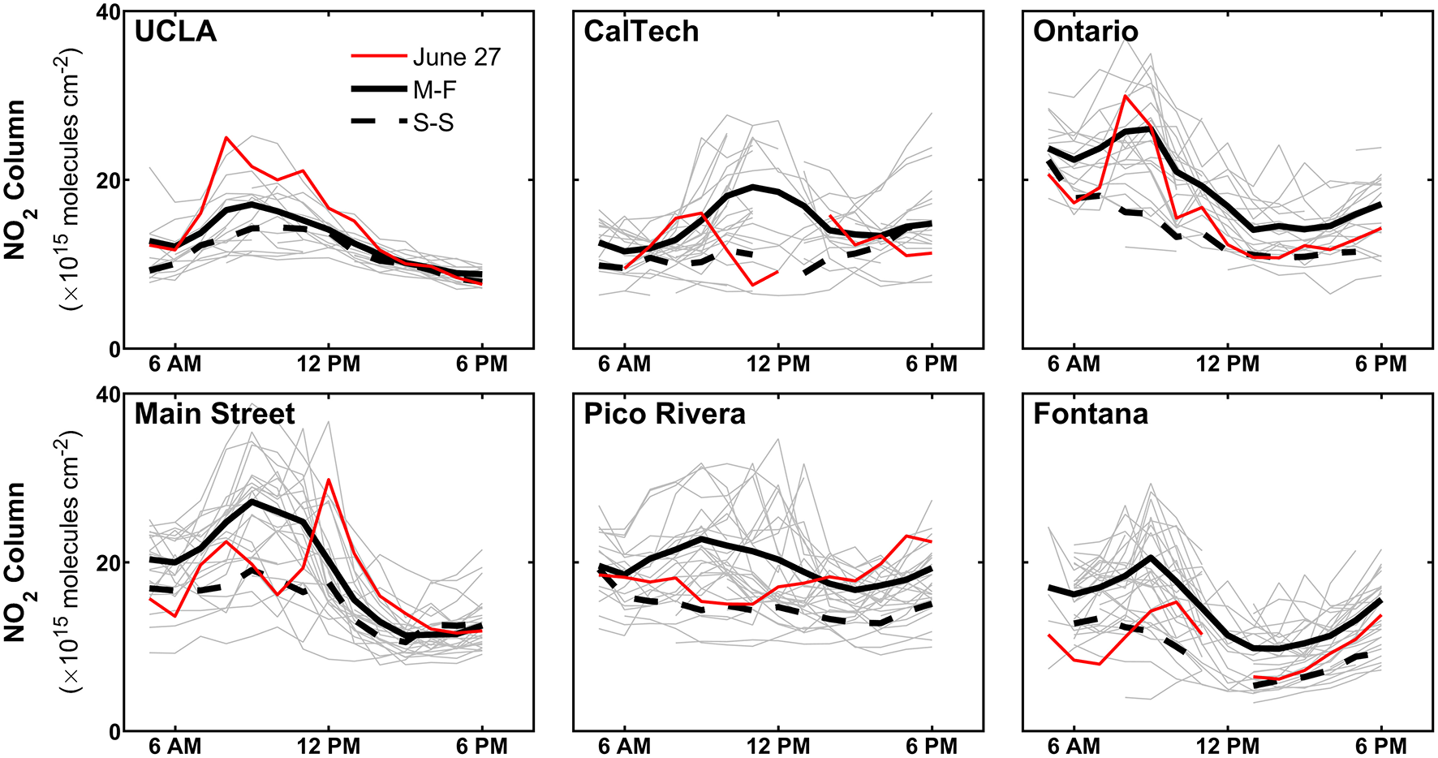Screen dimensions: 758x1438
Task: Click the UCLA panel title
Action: click(175, 32)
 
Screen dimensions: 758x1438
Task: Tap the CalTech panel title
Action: click(640, 32)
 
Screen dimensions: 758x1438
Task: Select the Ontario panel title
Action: click(1085, 32)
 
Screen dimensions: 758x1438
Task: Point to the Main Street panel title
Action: click(214, 414)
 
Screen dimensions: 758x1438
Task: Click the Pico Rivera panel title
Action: click(664, 414)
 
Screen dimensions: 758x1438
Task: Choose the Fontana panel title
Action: click(1090, 414)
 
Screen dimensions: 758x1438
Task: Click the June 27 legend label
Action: click(456, 57)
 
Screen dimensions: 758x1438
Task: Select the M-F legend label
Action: click(435, 89)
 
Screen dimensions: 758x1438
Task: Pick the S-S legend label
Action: click(433, 123)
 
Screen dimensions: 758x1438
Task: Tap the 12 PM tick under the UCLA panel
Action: click(329, 364)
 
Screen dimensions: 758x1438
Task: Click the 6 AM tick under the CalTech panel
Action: click(624, 364)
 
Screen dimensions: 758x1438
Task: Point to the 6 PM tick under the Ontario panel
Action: click(1380, 364)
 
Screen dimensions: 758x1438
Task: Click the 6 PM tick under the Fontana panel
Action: click(1380, 746)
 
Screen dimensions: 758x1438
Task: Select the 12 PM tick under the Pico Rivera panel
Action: click(777, 746)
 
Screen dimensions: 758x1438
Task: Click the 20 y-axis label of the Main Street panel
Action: click(107, 562)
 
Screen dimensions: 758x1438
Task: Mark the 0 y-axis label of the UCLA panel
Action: click(114, 349)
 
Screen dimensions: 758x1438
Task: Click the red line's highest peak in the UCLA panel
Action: click(226, 137)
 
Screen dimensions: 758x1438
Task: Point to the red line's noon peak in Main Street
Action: click(329, 479)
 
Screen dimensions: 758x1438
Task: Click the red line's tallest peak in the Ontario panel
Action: click(1125, 96)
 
